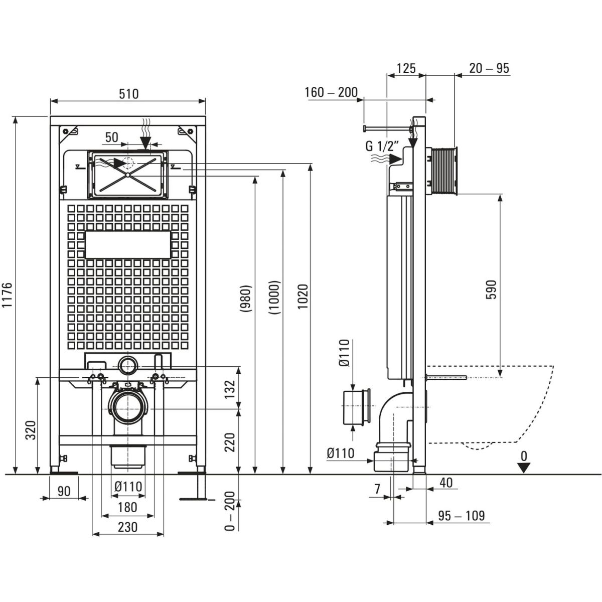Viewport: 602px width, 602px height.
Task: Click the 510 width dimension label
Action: click(128, 93)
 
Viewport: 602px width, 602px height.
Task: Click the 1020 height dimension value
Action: click(303, 297)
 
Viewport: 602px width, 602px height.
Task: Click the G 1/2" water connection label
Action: click(382, 147)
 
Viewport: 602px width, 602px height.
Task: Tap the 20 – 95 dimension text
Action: click(489, 68)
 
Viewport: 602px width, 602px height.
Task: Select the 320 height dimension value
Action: click(31, 430)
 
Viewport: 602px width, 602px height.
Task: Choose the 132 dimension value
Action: click(229, 388)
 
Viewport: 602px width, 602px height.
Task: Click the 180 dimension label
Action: click(127, 507)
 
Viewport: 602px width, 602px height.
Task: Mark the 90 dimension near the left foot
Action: click(64, 491)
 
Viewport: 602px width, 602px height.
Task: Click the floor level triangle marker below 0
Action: click(524, 468)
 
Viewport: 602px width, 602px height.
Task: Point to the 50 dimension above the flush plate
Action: click(111, 137)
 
